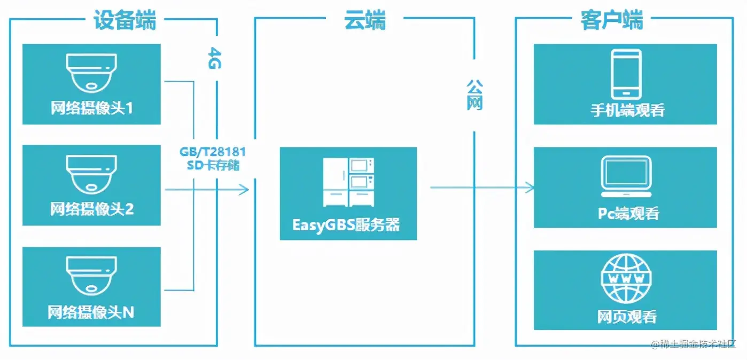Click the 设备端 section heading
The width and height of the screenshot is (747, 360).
(124, 21)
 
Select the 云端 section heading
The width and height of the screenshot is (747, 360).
(364, 21)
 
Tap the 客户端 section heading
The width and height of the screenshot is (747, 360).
(611, 21)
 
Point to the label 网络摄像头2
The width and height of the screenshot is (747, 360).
(92, 208)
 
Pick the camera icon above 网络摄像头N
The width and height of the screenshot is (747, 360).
(91, 276)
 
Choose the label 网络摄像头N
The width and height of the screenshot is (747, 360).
(91, 311)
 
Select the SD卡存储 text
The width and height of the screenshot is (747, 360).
(213, 165)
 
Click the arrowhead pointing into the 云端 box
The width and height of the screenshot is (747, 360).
(245, 189)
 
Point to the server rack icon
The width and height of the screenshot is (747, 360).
(348, 182)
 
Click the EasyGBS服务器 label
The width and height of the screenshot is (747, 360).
(346, 224)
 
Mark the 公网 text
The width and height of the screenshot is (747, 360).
(474, 95)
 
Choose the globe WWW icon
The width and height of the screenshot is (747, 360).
(626, 278)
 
